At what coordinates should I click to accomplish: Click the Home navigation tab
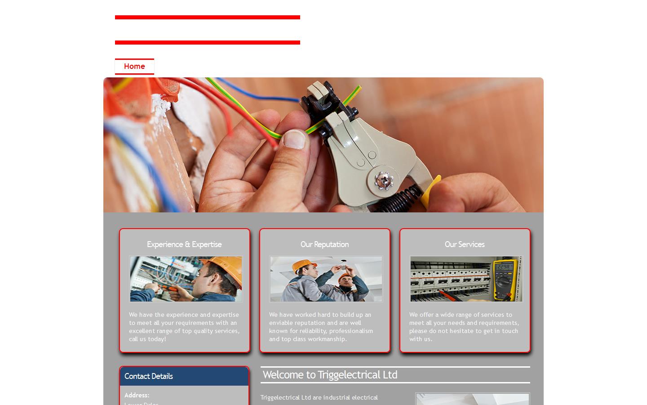click(134, 67)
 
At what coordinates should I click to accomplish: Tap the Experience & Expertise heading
click(184, 244)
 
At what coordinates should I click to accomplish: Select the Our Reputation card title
click(324, 244)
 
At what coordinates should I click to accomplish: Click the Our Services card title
click(465, 244)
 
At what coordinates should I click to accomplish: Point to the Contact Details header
click(149, 376)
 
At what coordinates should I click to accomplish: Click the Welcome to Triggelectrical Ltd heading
click(330, 375)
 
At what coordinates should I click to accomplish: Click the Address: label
click(137, 395)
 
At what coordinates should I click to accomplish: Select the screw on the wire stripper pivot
click(383, 180)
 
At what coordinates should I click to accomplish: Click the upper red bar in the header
click(207, 18)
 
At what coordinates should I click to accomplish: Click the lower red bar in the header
click(207, 43)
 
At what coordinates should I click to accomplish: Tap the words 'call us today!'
click(147, 339)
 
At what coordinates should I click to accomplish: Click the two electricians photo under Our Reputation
click(326, 279)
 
